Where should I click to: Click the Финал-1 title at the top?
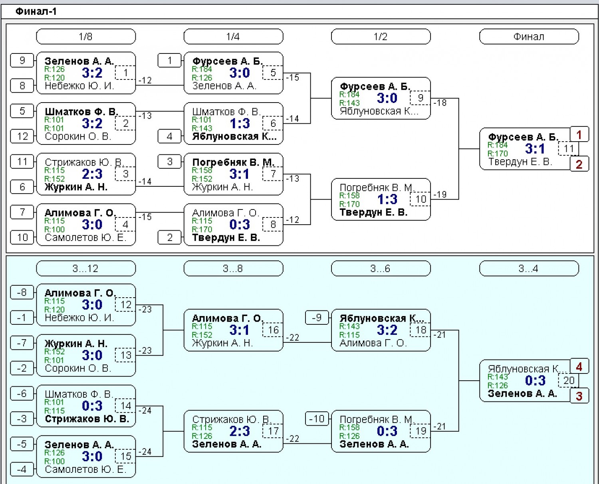(36, 12)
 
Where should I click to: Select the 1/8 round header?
(86, 37)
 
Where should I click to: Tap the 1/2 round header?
(381, 37)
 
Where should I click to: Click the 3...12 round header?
(86, 269)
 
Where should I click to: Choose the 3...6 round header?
(381, 269)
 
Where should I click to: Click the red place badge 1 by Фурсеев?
(579, 134)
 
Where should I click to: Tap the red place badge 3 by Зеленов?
(579, 396)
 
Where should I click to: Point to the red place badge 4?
(579, 366)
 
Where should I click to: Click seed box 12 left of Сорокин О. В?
(22, 136)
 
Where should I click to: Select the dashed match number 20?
(569, 381)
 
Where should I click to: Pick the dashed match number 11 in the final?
(569, 148)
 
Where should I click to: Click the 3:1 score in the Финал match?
(535, 148)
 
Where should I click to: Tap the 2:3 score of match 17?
(240, 431)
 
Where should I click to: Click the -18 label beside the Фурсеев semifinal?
(440, 103)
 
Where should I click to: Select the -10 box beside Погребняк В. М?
(317, 419)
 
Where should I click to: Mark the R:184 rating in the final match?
(498, 145)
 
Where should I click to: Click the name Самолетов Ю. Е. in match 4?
(85, 238)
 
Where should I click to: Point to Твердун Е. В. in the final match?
(520, 162)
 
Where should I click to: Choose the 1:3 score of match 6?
(240, 124)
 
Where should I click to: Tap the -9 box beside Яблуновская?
(317, 318)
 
